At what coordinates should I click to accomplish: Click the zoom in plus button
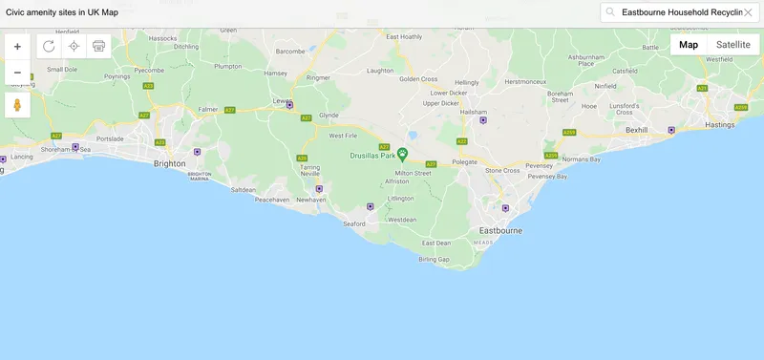17,47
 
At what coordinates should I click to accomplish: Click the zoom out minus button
17,73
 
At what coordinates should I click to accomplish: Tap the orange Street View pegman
17,105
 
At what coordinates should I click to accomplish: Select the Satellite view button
732,45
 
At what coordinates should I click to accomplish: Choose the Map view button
689,45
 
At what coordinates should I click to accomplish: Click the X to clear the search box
748,12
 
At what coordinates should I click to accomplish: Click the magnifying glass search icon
610,12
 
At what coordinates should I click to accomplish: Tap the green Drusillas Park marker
403,153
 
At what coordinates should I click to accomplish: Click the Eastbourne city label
499,231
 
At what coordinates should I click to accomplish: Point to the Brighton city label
170,163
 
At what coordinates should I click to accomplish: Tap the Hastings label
720,124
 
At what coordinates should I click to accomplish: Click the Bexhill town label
637,129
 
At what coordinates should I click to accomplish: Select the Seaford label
354,224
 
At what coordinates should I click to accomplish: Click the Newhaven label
312,201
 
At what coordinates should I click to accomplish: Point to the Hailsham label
474,112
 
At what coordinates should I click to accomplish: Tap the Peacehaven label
271,200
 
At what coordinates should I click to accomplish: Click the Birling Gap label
434,259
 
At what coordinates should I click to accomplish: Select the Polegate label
464,163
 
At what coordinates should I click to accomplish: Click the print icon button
98,46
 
